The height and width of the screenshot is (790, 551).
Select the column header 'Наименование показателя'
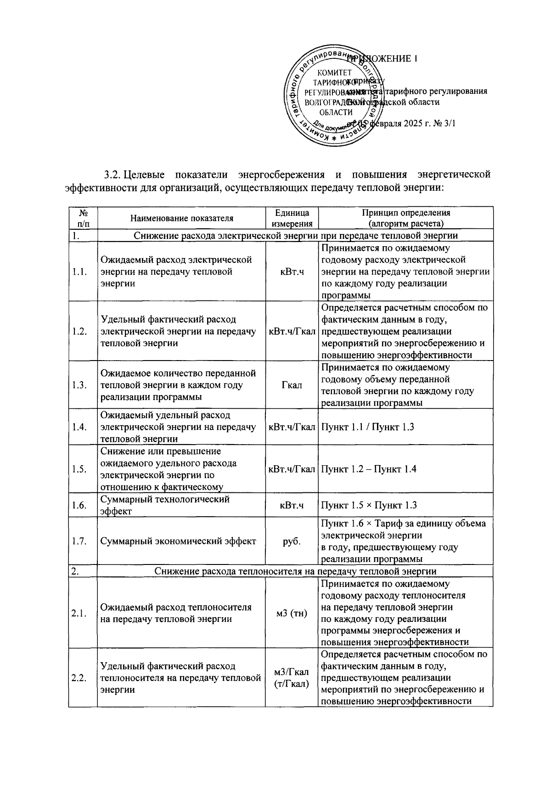tap(181, 219)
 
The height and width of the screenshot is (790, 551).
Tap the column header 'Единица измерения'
tap(292, 219)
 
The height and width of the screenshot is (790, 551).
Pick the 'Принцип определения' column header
tap(406, 219)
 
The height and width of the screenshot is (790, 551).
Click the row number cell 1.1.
tap(80, 272)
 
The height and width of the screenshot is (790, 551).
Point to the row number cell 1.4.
tap(80, 427)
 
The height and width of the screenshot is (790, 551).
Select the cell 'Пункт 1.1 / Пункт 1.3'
tap(367, 427)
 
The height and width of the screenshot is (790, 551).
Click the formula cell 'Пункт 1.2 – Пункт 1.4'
tap(368, 469)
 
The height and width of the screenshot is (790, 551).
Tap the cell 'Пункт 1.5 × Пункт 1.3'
tap(369, 506)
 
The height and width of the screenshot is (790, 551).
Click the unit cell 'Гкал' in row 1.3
tap(292, 385)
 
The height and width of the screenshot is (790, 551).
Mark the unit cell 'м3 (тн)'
tap(292, 613)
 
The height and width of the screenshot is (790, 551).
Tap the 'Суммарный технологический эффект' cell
tap(165, 505)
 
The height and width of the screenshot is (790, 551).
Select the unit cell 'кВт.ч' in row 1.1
tap(292, 272)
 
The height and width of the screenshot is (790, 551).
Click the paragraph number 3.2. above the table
tap(112, 175)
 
